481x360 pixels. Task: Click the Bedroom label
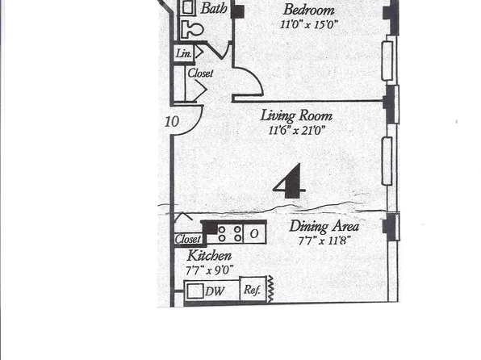(309, 10)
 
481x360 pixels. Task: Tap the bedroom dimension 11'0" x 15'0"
(309, 25)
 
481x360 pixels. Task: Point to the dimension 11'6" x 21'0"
(297, 130)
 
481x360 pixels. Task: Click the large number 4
(289, 181)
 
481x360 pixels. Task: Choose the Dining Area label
(324, 227)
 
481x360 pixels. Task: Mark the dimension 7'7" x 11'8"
(324, 241)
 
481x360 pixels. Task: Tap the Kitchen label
(209, 256)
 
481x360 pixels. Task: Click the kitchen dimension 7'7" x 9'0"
(209, 270)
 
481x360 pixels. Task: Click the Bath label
(214, 9)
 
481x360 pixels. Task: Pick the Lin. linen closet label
(182, 53)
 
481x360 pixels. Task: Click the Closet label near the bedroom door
(200, 73)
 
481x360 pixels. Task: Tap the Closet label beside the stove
(187, 240)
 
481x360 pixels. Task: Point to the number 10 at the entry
(171, 122)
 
